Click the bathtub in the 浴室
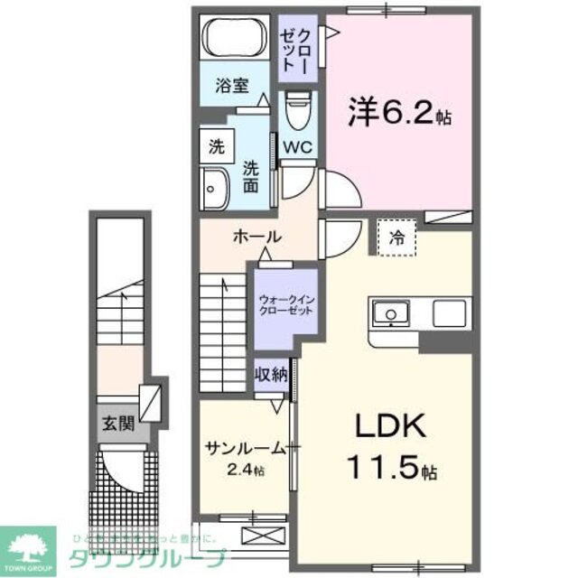(232, 40)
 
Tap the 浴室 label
(231, 87)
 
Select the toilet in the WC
(296, 113)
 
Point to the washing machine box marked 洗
(216, 144)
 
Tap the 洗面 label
(252, 176)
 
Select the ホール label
(258, 238)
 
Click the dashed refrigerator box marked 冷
(397, 238)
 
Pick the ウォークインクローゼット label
(284, 303)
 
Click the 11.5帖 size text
(394, 469)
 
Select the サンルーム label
(239, 450)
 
